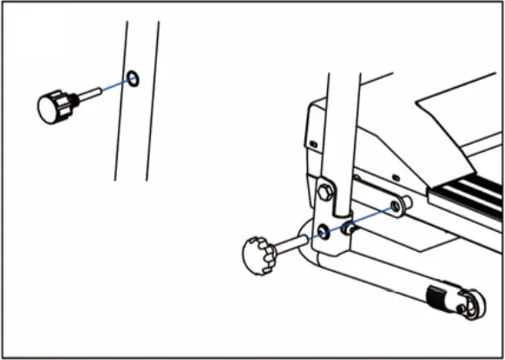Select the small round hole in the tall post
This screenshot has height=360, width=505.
pyautogui.click(x=132, y=80)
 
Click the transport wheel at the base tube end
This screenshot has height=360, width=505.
pyautogui.click(x=472, y=308)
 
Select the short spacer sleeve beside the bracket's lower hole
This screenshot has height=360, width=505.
pyautogui.click(x=349, y=228)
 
